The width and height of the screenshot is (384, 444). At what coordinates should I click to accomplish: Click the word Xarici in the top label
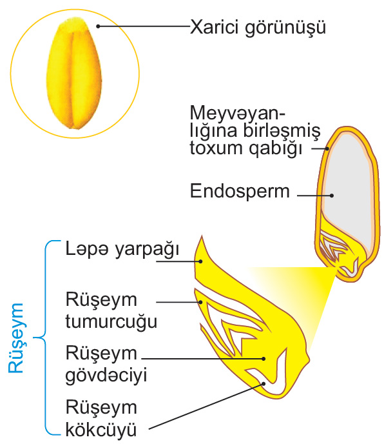tap(214, 27)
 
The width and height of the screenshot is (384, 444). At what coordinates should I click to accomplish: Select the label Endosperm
tap(240, 191)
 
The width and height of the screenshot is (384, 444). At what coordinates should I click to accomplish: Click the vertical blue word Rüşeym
tap(15, 338)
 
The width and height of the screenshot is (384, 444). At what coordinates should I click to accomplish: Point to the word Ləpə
tap(87, 249)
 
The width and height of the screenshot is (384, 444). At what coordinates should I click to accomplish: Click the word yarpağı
tap(147, 250)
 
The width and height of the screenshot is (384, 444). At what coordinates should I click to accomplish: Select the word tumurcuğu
tap(111, 322)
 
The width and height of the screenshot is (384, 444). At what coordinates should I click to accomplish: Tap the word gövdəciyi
tap(106, 376)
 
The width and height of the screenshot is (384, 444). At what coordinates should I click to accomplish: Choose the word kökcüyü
tap(101, 429)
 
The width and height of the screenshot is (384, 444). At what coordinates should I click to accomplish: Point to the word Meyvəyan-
tap(238, 114)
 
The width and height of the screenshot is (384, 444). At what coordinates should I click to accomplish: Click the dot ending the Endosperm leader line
tap(332, 195)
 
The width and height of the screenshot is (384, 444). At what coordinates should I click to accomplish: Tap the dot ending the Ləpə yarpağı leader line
tap(200, 261)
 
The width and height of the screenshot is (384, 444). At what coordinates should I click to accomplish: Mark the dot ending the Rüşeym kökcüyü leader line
tap(264, 384)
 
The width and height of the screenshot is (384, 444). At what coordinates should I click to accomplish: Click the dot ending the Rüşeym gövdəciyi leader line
tap(264, 358)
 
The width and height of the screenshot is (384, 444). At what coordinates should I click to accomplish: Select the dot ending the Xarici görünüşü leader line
tap(98, 26)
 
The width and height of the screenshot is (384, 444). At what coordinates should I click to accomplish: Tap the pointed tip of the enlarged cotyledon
tap(202, 236)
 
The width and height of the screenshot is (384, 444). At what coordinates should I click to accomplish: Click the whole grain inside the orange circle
tap(74, 74)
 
